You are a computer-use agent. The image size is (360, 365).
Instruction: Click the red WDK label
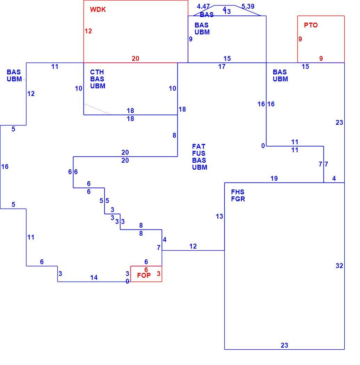[x=98, y=9]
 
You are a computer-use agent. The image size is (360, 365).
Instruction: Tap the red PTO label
[x=311, y=25]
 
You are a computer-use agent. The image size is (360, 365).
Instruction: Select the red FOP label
[x=144, y=275]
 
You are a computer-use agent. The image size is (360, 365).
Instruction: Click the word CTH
[x=97, y=72]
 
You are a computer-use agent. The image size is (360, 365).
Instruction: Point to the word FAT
[x=199, y=146]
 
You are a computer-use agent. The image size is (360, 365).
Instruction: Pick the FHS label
[x=238, y=192]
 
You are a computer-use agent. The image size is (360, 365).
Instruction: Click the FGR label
[x=238, y=199]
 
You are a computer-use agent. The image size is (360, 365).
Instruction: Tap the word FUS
[x=199, y=153]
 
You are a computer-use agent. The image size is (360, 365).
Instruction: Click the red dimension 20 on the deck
[x=135, y=58]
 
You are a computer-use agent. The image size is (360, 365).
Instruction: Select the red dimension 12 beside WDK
[x=88, y=31]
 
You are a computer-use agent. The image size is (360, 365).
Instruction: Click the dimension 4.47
[x=203, y=6]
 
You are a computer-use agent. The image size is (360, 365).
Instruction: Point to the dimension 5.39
[x=248, y=6]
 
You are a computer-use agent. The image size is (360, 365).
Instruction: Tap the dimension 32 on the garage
[x=339, y=266]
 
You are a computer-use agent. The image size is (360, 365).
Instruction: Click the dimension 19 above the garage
[x=274, y=178]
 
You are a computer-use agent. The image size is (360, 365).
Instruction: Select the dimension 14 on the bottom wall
[x=94, y=277]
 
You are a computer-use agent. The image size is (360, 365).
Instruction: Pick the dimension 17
[x=222, y=67]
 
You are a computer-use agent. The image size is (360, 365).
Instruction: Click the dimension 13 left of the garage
[x=219, y=216]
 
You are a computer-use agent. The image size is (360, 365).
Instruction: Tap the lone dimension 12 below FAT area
[x=193, y=246]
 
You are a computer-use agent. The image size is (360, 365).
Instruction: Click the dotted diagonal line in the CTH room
[x=97, y=109]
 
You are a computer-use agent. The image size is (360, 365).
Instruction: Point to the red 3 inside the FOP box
[x=159, y=274]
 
